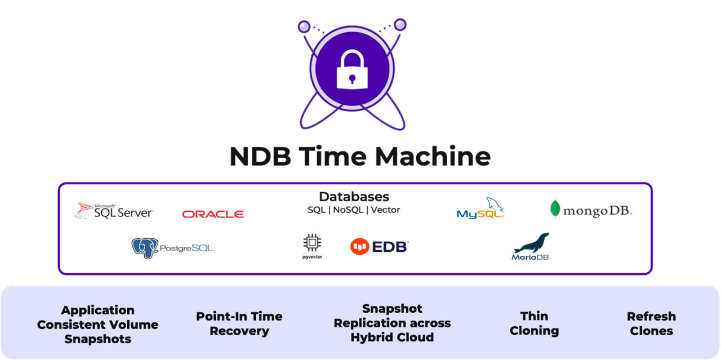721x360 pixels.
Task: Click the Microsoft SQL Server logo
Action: point(114,211)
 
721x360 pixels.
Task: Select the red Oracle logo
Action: point(213,214)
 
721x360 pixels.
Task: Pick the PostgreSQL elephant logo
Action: point(172,247)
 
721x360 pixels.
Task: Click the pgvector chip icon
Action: point(312,243)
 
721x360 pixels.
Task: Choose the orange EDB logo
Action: point(379,246)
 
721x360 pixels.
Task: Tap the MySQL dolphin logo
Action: point(480,208)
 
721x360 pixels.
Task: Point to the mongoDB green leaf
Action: point(555,208)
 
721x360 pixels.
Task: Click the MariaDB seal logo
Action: point(531,246)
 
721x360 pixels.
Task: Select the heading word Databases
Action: point(354,197)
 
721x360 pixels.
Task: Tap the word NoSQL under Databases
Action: point(349,210)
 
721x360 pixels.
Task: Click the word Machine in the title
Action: point(433,156)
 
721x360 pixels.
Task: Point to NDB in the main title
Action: point(260,156)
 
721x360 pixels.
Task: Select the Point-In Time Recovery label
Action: point(239,323)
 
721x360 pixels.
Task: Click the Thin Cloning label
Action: point(534,323)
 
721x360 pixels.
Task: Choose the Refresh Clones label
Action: point(651,323)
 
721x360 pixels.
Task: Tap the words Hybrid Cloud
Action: point(392,337)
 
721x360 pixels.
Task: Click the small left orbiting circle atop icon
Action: point(304,26)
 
